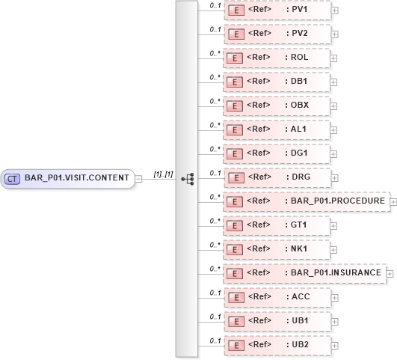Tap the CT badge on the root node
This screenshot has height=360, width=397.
click(x=13, y=179)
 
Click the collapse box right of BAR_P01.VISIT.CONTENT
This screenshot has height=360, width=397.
click(x=138, y=179)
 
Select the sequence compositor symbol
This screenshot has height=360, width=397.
click(x=187, y=179)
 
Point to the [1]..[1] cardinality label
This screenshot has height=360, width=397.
click(x=163, y=174)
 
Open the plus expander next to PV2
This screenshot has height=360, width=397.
click(x=334, y=34)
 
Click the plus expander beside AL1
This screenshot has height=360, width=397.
click(x=334, y=130)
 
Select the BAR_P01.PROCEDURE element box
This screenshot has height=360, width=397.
click(x=306, y=202)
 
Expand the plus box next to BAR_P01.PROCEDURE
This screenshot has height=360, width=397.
click(x=393, y=203)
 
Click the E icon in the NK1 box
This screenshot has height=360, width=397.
click(x=236, y=250)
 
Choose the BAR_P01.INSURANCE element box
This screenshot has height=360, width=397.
click(x=305, y=274)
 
